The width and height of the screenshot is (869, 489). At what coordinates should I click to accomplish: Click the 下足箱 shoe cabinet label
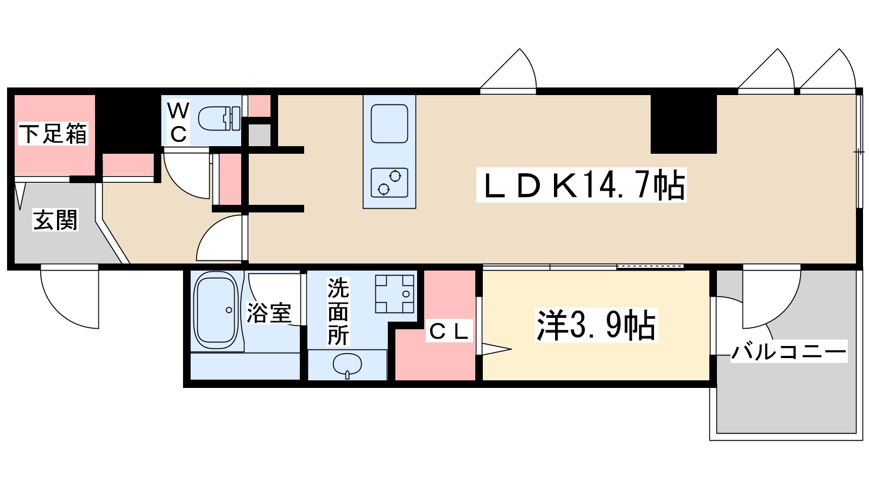tap(53, 134)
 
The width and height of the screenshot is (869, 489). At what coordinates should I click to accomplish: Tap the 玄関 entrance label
tap(55, 220)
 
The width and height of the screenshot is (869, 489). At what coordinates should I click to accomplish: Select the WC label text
tap(178, 122)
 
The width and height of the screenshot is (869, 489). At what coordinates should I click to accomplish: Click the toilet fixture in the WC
tap(219, 118)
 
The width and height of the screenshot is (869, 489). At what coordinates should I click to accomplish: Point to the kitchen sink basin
tap(389, 123)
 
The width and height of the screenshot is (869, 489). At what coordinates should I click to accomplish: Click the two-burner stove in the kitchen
tap(389, 182)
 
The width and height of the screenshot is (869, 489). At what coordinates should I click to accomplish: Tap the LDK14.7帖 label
tap(582, 185)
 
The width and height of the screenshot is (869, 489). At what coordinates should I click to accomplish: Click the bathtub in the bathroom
tap(216, 310)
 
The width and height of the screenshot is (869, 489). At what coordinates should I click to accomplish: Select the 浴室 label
tap(269, 312)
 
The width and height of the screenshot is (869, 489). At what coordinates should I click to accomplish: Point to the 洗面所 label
tap(338, 312)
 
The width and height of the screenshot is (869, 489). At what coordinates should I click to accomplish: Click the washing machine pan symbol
tap(395, 293)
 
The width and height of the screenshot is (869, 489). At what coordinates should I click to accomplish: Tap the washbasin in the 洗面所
tap(347, 365)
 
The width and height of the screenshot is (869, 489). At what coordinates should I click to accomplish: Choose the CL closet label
tap(449, 331)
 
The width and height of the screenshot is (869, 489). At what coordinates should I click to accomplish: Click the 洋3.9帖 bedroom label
tap(596, 325)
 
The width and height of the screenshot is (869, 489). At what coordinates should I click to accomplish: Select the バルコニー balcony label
tap(789, 352)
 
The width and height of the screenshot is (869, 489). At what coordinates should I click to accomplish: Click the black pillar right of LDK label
tap(684, 124)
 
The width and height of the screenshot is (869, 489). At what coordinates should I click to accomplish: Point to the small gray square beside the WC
tap(260, 135)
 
